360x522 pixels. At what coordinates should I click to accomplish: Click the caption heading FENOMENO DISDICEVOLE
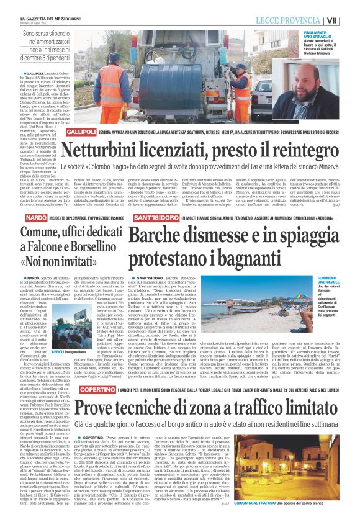[315, 263]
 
